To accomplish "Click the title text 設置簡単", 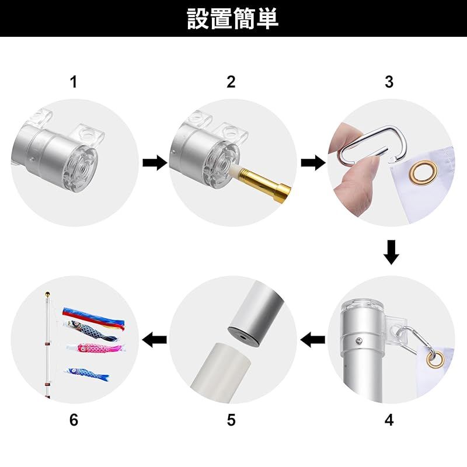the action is [x=232, y=19].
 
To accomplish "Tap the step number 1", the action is [x=74, y=82].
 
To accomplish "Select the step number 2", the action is [x=231, y=82].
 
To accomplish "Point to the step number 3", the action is [x=389, y=82].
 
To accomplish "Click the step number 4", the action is [x=389, y=420].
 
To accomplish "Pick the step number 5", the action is [x=231, y=420].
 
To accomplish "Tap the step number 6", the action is [x=74, y=420].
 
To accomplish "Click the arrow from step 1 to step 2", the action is [x=155, y=163].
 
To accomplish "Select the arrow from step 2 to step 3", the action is [x=313, y=163].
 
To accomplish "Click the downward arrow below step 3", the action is [x=391, y=252].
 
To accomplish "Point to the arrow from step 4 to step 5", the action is [x=313, y=340].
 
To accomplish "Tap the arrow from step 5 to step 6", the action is [x=155, y=340].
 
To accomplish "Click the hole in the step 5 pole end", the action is [x=243, y=338].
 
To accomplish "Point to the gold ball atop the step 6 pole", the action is [x=47, y=294].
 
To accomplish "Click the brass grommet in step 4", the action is [x=435, y=359].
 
